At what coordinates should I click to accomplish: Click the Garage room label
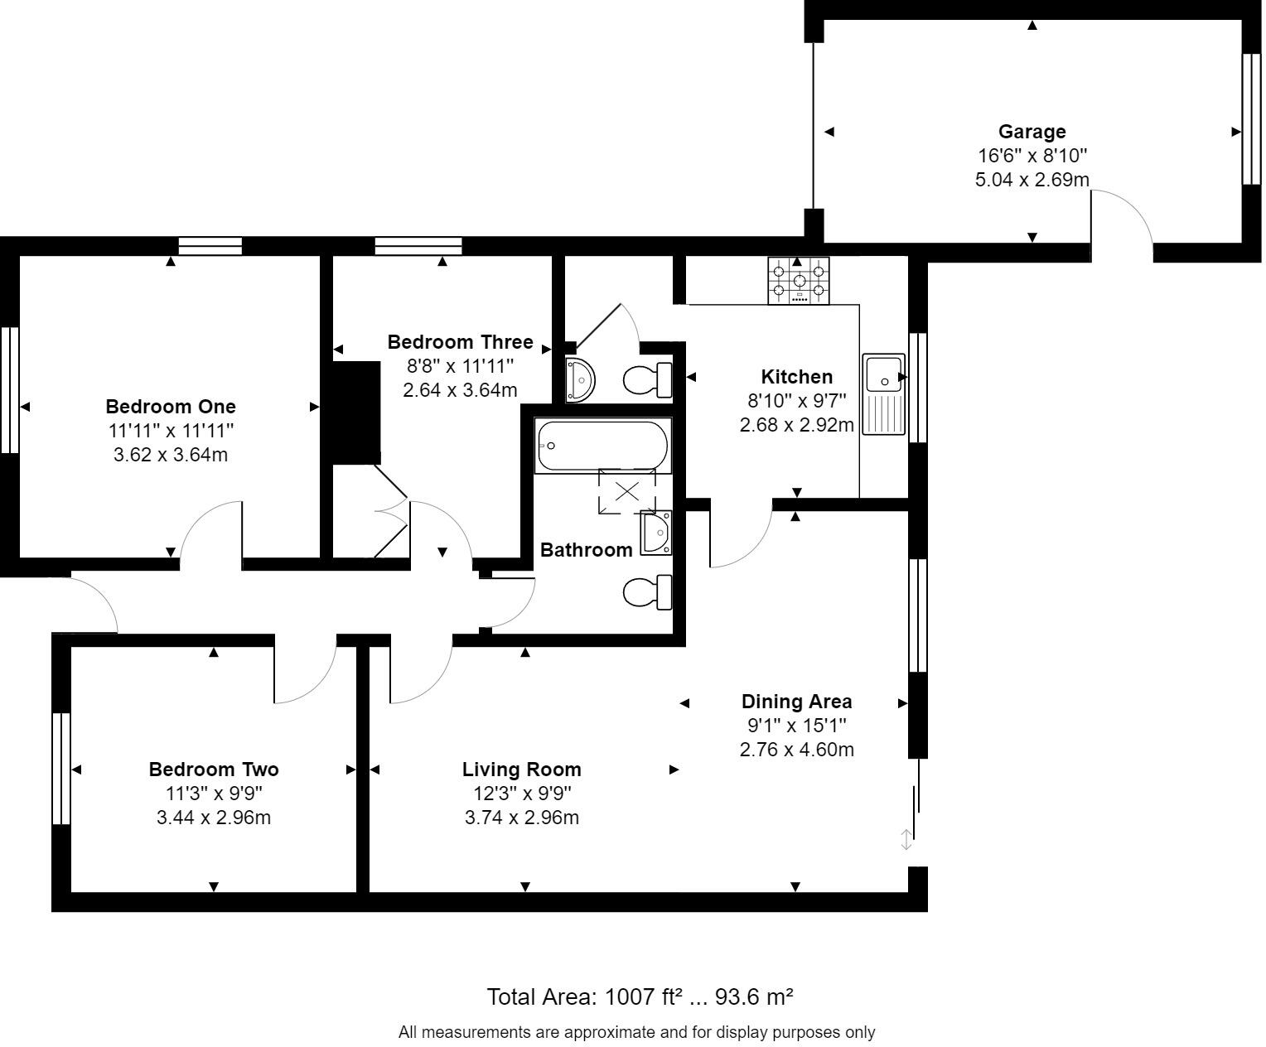tap(1032, 132)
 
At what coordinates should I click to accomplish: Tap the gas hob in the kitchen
tap(798, 280)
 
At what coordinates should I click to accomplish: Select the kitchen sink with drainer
tap(883, 393)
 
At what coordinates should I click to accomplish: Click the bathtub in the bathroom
tap(602, 446)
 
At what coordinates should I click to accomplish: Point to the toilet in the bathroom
tap(647, 592)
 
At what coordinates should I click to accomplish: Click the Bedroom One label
tap(171, 407)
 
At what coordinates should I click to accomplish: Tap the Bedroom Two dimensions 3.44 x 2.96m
tap(214, 818)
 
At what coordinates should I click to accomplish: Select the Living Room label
tap(521, 770)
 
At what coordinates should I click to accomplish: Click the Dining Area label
tap(796, 702)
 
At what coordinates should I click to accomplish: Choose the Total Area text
tap(640, 996)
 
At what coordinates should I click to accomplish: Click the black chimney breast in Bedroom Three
tap(355, 413)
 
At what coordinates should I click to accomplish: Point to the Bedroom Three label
tap(460, 342)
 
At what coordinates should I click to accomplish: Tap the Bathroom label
tap(586, 550)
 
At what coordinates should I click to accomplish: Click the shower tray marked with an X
tap(626, 491)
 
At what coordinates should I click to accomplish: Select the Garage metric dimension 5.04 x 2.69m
tap(1032, 179)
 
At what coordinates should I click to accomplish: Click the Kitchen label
tap(796, 377)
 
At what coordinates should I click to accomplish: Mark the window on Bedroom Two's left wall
tap(60, 769)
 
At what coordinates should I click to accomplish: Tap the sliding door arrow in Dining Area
tap(906, 839)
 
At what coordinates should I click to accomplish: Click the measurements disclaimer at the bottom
tap(636, 1032)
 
